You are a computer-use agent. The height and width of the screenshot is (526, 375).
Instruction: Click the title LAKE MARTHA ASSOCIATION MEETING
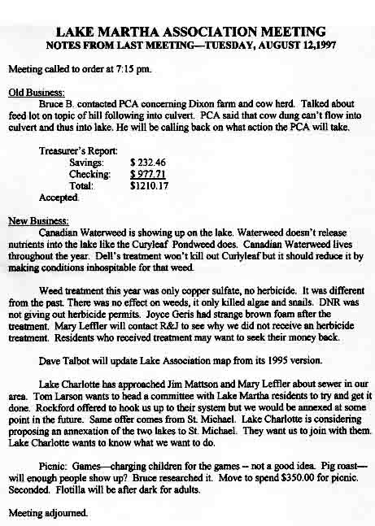coord(187,30)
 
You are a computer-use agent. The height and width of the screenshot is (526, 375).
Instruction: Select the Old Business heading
coord(29,94)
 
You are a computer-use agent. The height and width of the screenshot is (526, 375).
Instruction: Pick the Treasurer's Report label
coord(78,151)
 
